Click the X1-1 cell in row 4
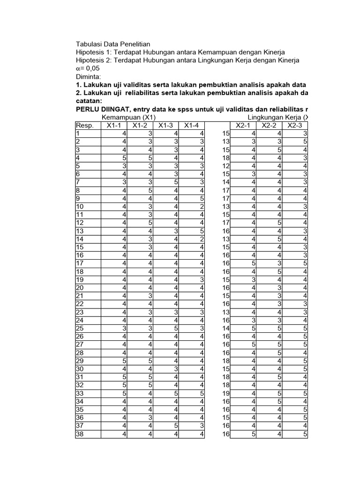pos(124,157)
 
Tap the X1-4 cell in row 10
pos(202,206)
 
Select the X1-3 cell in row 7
pos(176,182)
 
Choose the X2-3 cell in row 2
pos(305,141)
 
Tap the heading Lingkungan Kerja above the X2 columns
pos(275,117)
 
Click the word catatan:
pos(89,101)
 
